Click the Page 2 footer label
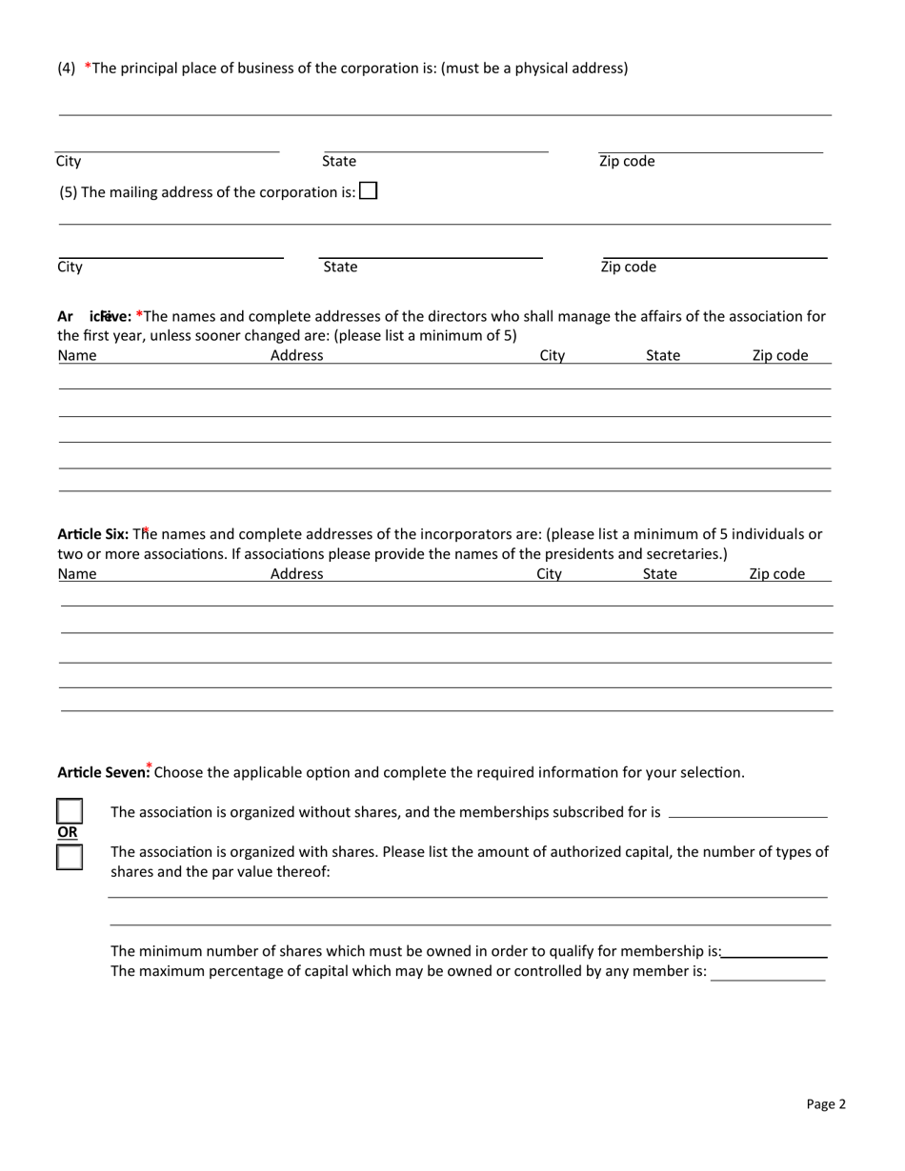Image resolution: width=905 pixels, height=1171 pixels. point(825,1104)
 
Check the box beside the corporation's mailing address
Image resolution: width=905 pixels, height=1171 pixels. point(369,191)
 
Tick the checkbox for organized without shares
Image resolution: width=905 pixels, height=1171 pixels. point(70,811)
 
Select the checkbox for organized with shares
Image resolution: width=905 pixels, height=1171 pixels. point(70,857)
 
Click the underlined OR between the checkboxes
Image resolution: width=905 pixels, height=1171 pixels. point(69,832)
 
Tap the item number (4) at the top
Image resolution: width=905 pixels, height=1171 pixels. point(67,68)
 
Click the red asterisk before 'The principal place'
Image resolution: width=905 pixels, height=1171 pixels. point(89,67)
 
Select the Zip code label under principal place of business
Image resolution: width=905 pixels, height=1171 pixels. point(627,162)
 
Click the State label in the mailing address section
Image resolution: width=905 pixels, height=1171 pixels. point(340,268)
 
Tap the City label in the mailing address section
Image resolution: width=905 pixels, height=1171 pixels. point(70,268)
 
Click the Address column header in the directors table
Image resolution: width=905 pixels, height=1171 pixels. point(297,356)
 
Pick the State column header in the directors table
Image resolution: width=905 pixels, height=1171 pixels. point(663,356)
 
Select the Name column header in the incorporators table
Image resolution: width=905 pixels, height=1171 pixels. point(77,574)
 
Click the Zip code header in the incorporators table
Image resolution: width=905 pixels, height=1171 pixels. point(776,574)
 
